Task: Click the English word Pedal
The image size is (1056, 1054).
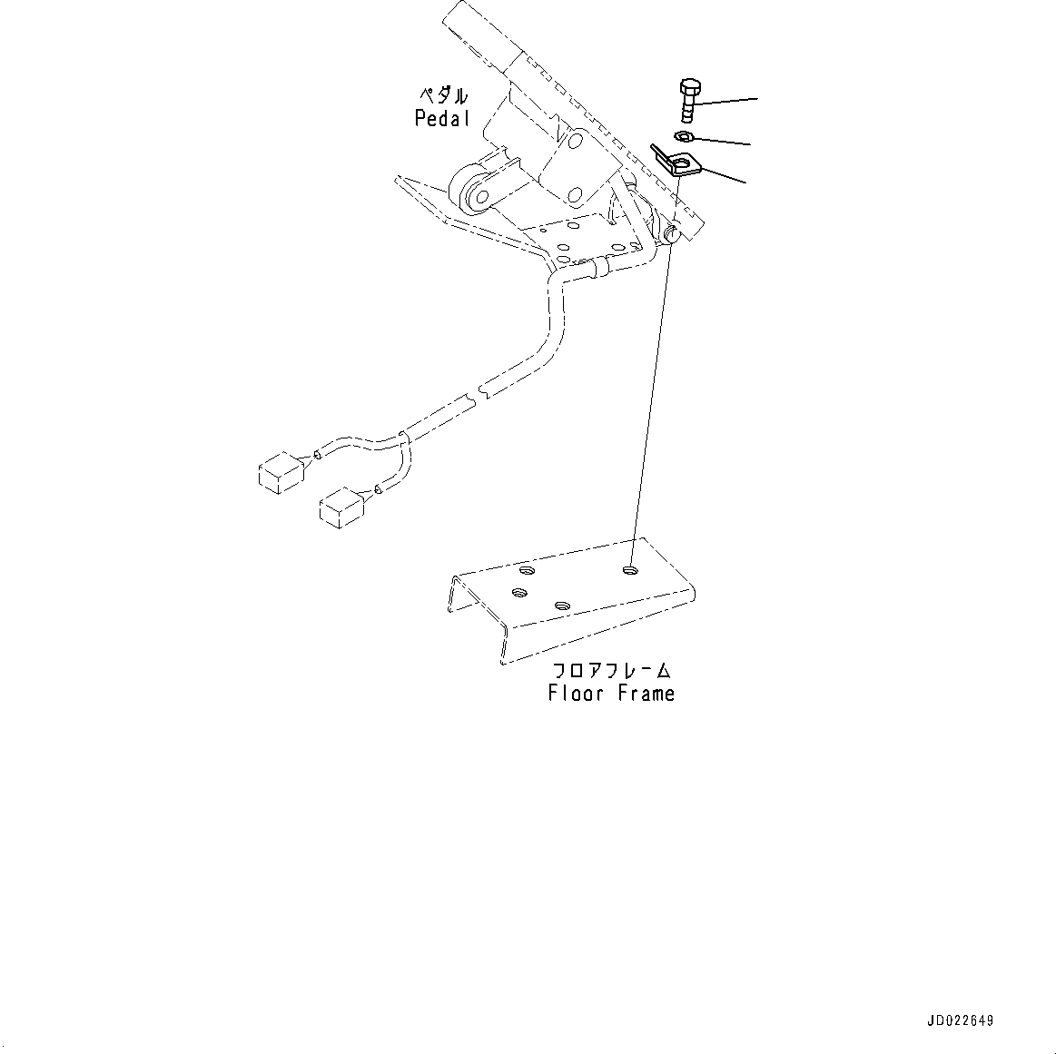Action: pyautogui.click(x=442, y=118)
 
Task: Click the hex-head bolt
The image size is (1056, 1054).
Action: pyautogui.click(x=689, y=101)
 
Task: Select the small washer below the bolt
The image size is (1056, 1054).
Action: pyautogui.click(x=684, y=137)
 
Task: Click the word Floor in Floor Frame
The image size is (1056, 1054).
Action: pyautogui.click(x=576, y=694)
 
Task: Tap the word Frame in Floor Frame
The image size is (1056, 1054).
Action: pyautogui.click(x=646, y=694)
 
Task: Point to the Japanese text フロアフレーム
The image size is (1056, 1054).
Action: pyautogui.click(x=612, y=671)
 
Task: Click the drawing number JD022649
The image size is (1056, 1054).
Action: pyautogui.click(x=961, y=1020)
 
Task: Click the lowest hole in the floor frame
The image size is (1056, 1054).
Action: pyautogui.click(x=561, y=605)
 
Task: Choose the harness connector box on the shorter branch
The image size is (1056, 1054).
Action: pyautogui.click(x=341, y=506)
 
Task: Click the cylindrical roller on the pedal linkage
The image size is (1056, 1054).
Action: pyautogui.click(x=474, y=191)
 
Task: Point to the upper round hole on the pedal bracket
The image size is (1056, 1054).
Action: pyautogui.click(x=575, y=142)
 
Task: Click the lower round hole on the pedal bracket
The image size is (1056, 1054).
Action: pyautogui.click(x=575, y=194)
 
